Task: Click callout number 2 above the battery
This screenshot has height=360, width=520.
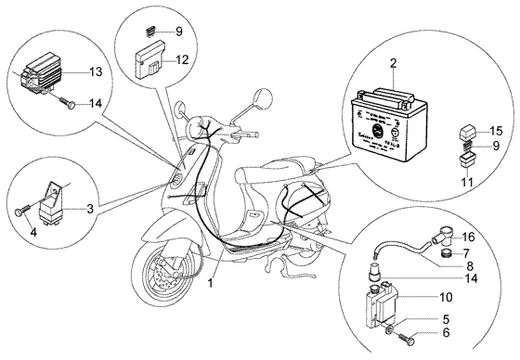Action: tap(393, 64)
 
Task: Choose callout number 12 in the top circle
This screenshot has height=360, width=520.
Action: tap(183, 59)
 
